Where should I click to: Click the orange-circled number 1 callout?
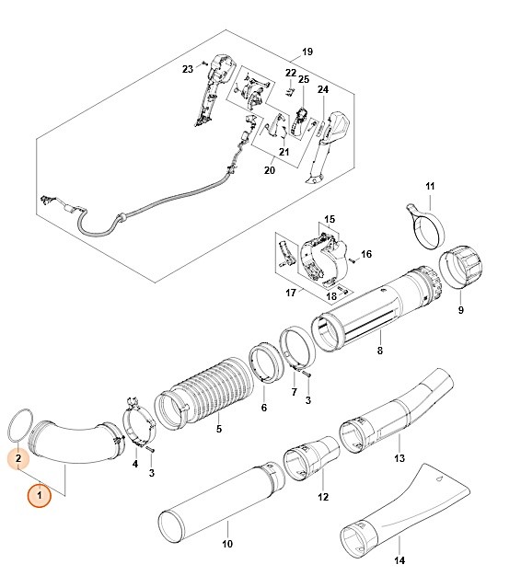click(x=39, y=496)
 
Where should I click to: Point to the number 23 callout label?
click(x=188, y=69)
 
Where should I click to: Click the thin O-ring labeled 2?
click(x=17, y=424)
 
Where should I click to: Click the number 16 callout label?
click(x=365, y=254)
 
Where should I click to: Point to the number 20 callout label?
click(x=270, y=170)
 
